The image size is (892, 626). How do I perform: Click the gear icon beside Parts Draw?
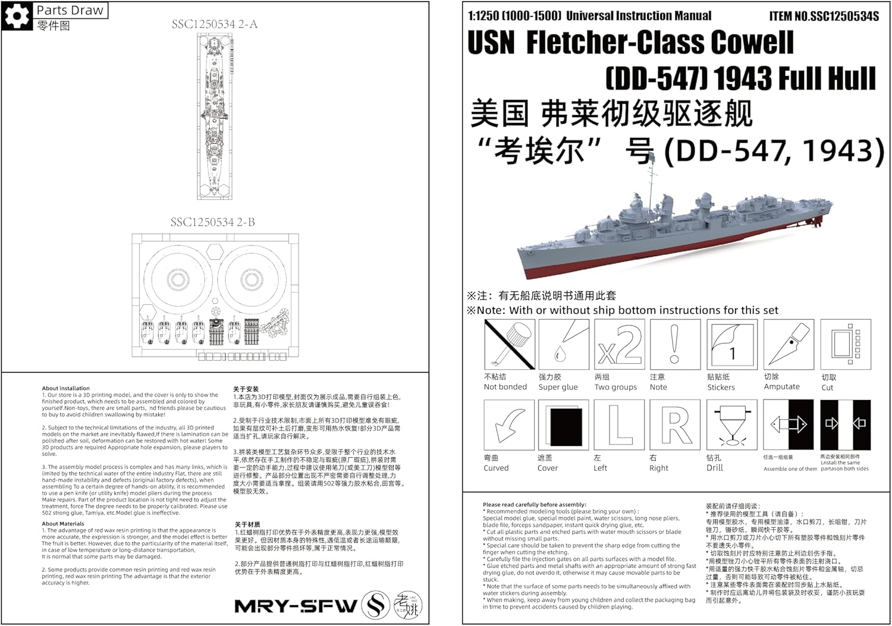16,16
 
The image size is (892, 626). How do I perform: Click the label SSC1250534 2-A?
215,24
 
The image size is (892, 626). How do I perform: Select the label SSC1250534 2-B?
212,222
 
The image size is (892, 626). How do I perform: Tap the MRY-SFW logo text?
296,606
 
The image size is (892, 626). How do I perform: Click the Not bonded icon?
510,344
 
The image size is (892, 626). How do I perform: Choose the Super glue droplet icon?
564,344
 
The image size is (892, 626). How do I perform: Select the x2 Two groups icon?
619,344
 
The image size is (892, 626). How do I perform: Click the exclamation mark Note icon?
674,344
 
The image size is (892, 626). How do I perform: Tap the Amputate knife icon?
789,344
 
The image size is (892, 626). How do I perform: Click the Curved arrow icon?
510,424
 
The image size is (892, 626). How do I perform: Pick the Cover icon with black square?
564,424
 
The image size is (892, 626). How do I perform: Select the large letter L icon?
619,424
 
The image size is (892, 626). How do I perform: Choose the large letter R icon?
674,424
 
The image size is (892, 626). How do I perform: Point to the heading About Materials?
63,524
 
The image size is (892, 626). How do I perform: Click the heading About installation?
65,388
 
